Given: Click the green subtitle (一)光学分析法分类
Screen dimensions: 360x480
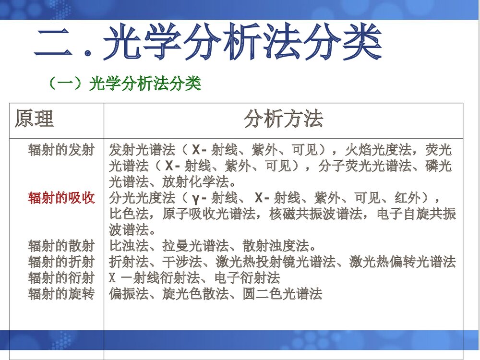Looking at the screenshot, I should point(124,84).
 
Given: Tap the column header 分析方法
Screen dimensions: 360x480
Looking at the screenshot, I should point(283,119).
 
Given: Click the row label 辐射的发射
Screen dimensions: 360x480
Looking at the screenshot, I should point(61,150).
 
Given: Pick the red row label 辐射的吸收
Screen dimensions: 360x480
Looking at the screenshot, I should point(61,198).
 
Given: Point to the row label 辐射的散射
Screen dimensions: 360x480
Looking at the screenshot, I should point(61,246).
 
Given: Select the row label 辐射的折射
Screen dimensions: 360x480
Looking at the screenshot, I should point(61,262).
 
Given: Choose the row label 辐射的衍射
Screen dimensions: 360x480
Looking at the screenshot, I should point(61,278).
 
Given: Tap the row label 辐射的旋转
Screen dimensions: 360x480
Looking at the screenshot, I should point(61,294).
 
